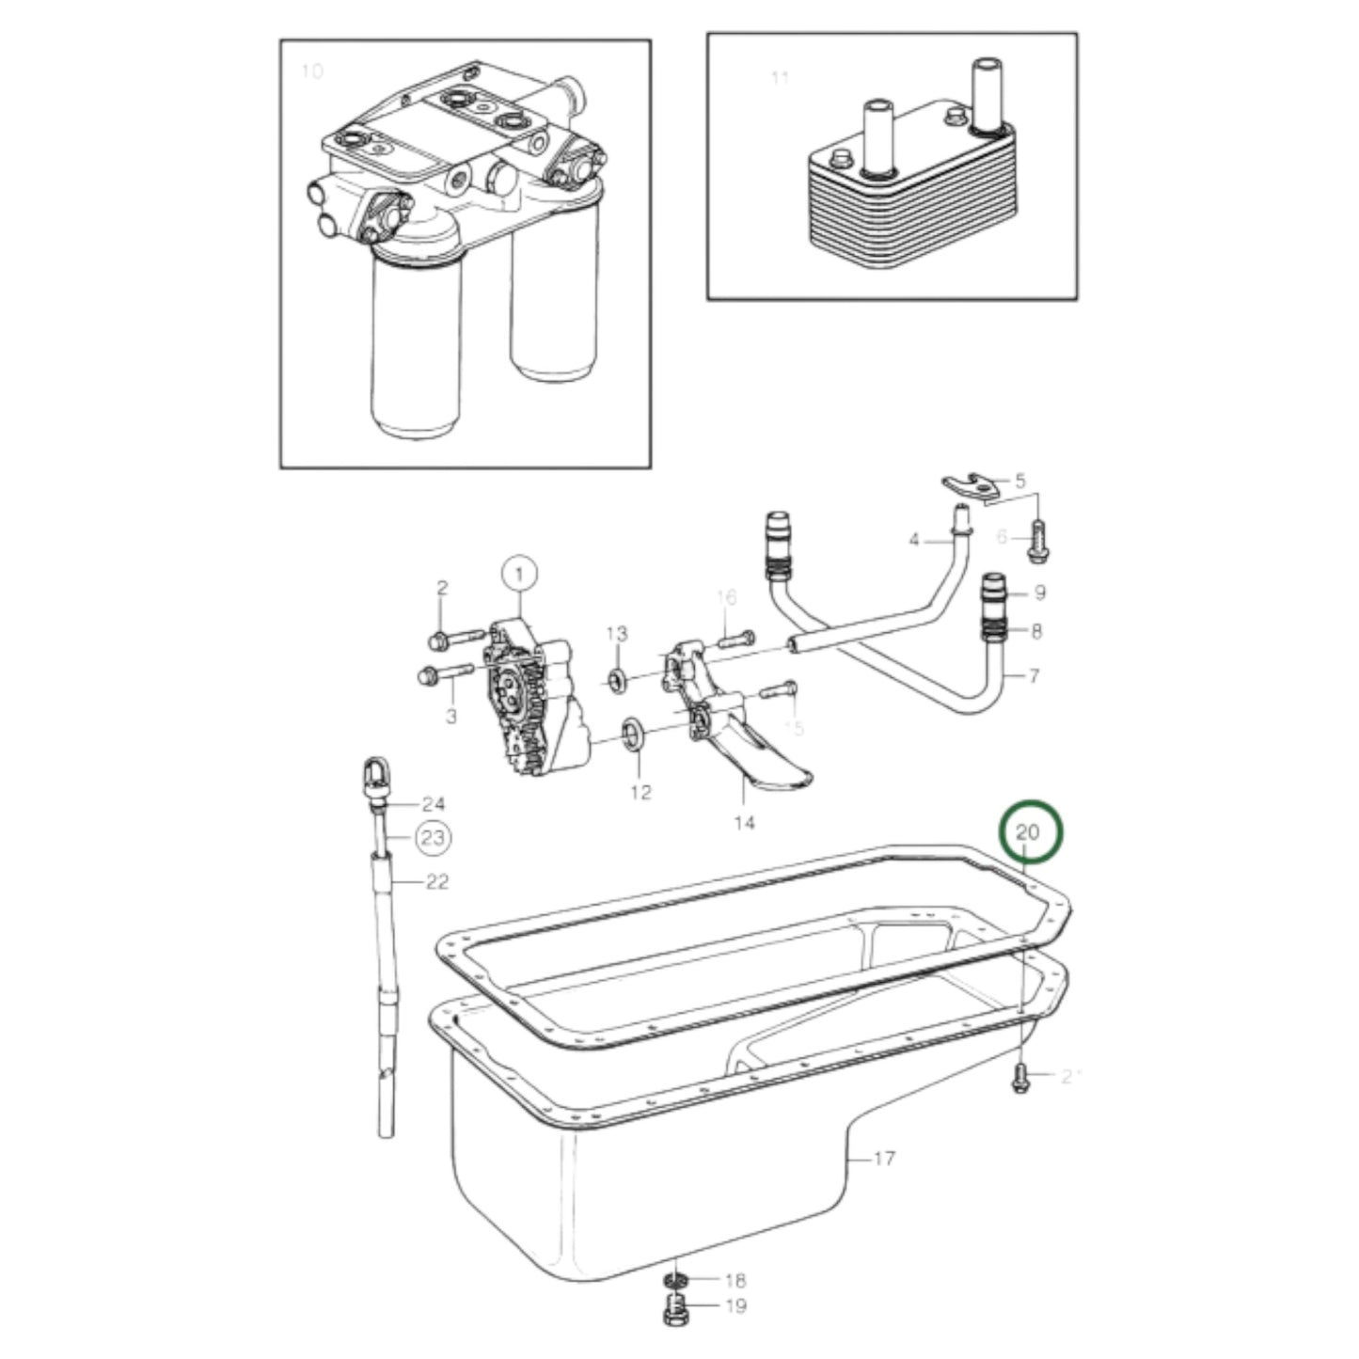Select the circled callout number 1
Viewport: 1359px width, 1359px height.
coord(522,571)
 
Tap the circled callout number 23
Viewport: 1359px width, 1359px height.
coord(433,837)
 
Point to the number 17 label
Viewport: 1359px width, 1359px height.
coord(883,1159)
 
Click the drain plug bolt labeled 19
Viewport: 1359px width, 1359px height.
coord(674,1309)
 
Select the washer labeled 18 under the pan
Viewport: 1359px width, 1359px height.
coord(674,1280)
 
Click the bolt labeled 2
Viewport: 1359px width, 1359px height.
coord(450,640)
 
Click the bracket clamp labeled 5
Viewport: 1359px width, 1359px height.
coord(969,486)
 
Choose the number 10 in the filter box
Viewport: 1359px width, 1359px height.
coord(311,71)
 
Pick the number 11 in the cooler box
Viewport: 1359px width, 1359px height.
coord(780,78)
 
